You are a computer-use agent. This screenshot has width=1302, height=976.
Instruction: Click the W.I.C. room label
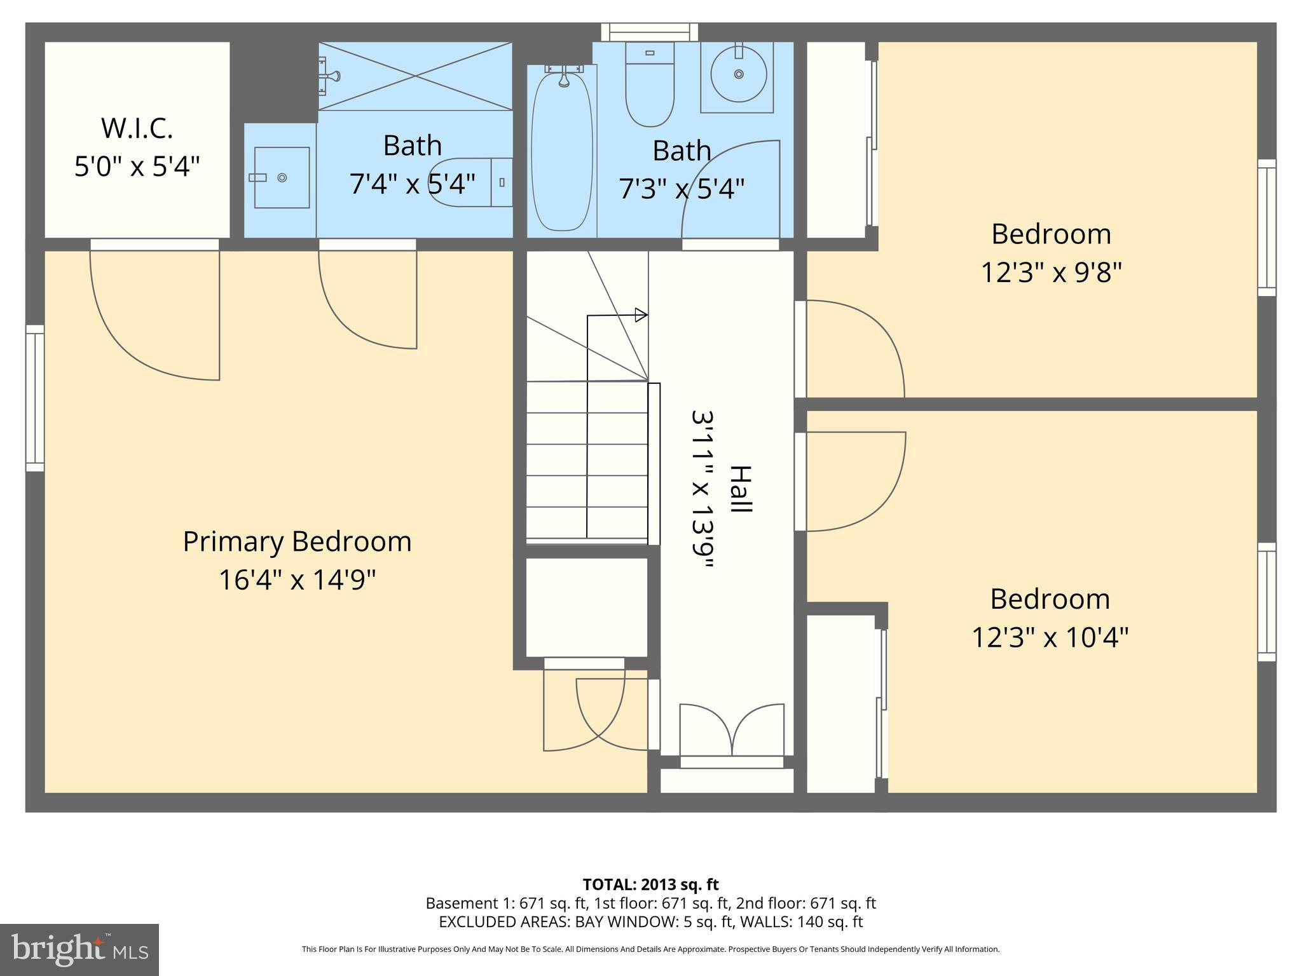pos(137,128)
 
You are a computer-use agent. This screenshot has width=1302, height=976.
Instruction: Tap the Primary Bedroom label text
pos(297,541)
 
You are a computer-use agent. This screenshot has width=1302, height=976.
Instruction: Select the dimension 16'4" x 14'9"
pos(297,579)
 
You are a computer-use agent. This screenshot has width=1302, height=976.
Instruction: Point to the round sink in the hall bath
pos(737,74)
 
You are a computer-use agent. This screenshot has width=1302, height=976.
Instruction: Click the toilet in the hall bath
pos(649,86)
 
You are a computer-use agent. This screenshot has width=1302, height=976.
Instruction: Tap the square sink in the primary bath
pos(282,177)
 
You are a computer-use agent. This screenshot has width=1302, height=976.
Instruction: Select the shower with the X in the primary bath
pos(415,76)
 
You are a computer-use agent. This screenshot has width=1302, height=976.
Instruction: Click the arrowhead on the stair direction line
pos(641,315)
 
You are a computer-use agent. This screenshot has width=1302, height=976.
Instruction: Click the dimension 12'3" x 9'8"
pos(1051,273)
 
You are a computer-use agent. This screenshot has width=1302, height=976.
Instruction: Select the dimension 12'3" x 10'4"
pos(1050,637)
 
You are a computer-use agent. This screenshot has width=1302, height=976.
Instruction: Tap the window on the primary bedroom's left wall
pos(35,398)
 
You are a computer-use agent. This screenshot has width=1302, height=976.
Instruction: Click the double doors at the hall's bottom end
pos(732,731)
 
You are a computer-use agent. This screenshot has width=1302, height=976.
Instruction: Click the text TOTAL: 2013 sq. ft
pos(650,884)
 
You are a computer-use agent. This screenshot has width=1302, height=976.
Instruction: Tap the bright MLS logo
pos(79,949)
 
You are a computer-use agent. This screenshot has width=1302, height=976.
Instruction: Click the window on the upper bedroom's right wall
pos(1266,227)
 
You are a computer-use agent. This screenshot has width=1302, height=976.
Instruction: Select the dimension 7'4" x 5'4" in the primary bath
pos(412,184)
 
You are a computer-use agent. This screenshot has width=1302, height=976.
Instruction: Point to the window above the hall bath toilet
pos(649,32)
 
